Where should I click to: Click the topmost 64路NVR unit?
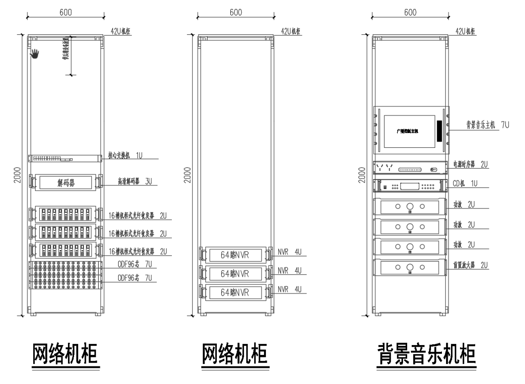point(235,255)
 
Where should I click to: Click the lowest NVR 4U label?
point(289,289)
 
